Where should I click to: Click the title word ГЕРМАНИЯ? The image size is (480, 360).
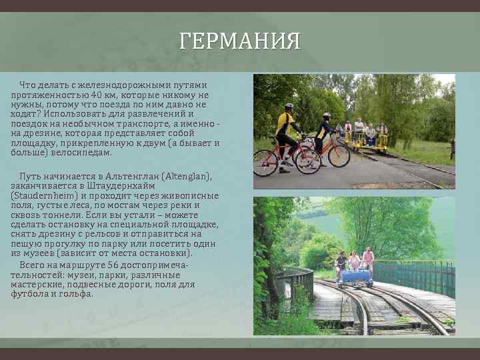(240, 42)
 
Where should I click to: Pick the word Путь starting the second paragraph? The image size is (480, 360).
(30, 176)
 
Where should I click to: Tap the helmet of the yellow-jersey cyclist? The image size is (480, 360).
(289, 106)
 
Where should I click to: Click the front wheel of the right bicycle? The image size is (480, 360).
(339, 155)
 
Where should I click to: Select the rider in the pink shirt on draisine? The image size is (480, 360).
(367, 258)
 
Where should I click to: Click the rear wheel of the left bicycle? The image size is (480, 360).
(266, 163)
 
